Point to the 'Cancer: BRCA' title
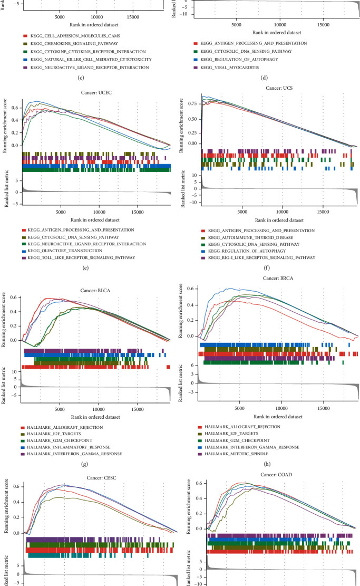(x=279, y=277)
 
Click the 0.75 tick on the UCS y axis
(x=192, y=104)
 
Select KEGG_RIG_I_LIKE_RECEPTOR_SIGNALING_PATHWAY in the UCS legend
(x=262, y=257)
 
